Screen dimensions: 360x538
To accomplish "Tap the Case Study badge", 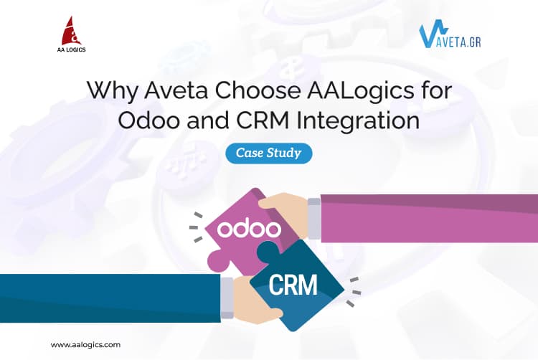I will (268, 153).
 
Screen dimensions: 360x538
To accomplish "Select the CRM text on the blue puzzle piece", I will (293, 285).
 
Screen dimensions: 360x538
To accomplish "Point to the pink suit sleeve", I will (430, 219).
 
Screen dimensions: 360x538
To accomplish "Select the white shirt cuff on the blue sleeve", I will (227, 293).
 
